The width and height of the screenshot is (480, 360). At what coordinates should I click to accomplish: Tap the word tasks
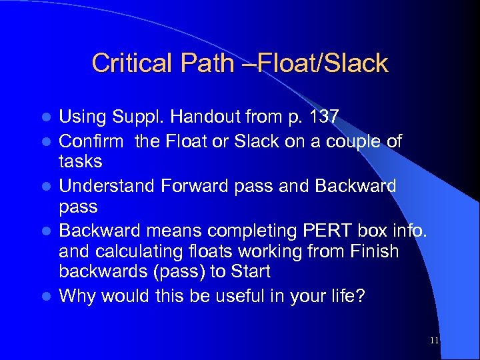tap(81, 161)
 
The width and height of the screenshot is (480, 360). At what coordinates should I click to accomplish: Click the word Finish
tap(375, 251)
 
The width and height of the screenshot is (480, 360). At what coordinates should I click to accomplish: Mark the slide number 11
tap(434, 341)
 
